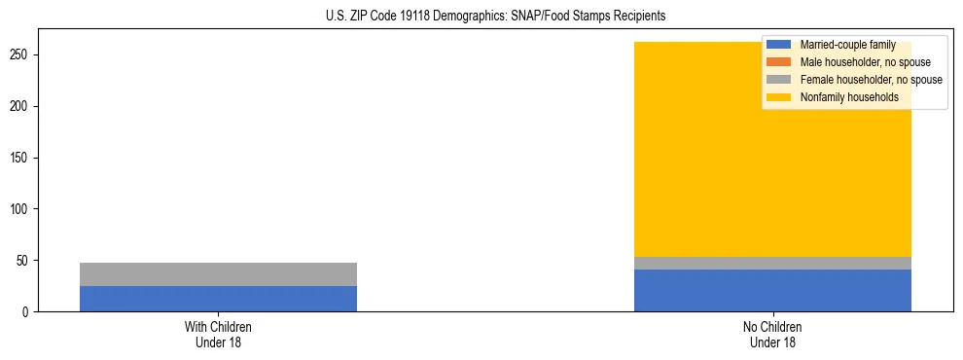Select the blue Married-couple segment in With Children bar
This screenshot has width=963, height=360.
(x=218, y=299)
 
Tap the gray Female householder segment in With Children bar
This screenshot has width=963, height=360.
(x=218, y=274)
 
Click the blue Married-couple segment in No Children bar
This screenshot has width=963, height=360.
(x=772, y=290)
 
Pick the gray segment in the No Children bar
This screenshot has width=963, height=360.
(x=772, y=263)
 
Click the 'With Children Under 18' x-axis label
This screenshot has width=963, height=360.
(x=218, y=334)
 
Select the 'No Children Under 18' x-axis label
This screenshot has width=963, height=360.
(x=772, y=334)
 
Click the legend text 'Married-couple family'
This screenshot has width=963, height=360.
(x=847, y=45)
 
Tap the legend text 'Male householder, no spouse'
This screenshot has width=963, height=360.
(x=865, y=62)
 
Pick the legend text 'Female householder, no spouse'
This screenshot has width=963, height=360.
(x=871, y=80)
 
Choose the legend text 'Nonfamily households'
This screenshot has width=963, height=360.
(x=849, y=97)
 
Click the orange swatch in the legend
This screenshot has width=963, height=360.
(x=778, y=62)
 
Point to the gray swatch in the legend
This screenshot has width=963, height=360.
(x=778, y=80)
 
